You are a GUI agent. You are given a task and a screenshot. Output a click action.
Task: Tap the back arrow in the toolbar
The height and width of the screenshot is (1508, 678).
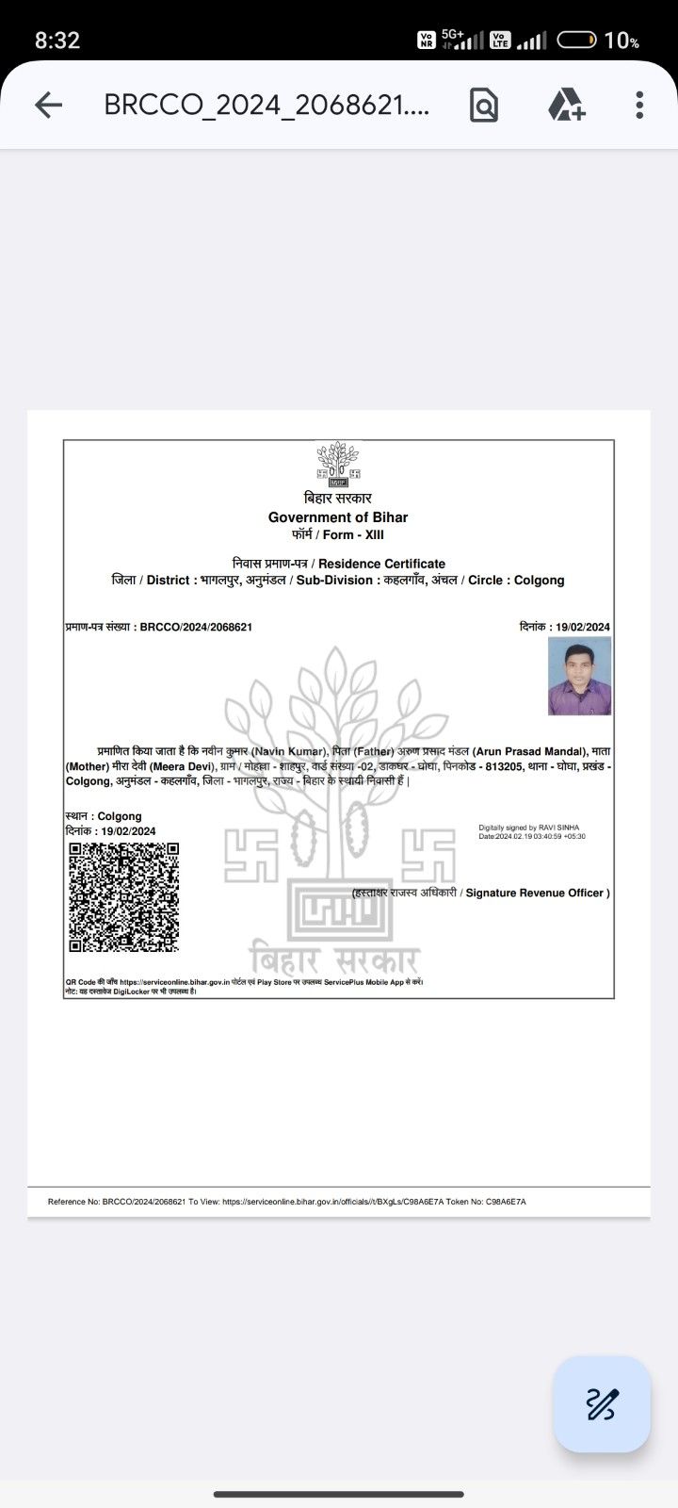48,105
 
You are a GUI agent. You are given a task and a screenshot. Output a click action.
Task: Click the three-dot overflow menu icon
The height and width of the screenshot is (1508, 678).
639,105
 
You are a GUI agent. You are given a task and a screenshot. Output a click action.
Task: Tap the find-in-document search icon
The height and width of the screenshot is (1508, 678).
483,105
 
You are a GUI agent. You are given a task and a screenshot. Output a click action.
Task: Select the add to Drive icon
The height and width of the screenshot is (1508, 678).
566,105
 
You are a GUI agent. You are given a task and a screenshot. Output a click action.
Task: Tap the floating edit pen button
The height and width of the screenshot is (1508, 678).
602,1404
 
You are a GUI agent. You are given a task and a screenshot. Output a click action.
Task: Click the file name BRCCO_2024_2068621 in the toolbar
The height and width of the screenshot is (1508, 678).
266,105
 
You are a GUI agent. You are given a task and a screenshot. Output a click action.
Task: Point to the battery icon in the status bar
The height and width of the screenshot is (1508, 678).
576,40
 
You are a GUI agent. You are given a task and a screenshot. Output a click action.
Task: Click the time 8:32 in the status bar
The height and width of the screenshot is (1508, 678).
57,40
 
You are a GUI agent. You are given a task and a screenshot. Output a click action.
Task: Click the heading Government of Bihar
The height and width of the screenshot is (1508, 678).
338,516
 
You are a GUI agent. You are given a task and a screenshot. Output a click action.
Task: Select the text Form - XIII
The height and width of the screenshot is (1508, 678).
353,534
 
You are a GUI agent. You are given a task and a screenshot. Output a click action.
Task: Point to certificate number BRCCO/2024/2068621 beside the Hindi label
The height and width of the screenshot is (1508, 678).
196,627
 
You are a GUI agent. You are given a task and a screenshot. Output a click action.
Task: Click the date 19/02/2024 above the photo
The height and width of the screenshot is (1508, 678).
583,627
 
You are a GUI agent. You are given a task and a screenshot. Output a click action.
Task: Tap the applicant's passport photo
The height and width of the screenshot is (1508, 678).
579,676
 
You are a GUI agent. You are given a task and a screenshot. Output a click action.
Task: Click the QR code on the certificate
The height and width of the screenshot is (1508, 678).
123,897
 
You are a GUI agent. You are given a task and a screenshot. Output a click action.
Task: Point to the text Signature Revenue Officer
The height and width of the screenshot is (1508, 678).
537,893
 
